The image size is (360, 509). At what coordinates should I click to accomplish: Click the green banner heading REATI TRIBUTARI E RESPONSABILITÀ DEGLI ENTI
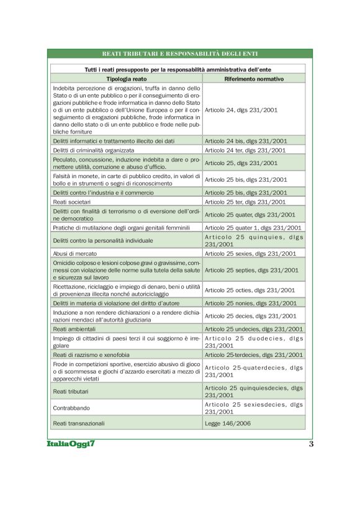(x=179, y=54)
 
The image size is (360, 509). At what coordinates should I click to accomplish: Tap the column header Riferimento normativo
(x=253, y=79)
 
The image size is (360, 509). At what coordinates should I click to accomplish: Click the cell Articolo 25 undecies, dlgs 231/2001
(x=254, y=329)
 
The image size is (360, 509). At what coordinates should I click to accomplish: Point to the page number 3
(x=311, y=444)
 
